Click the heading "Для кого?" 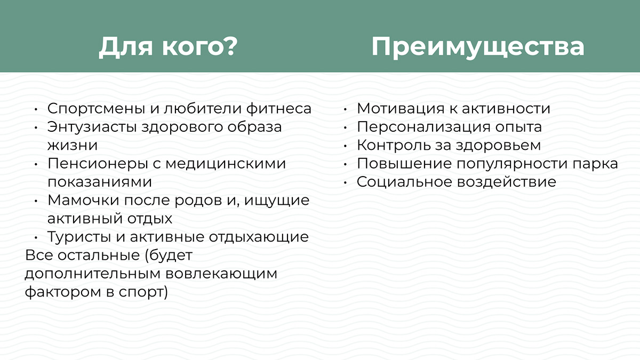click(167, 46)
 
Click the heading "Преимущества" click(477, 46)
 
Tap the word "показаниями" click(100, 181)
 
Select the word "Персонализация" click(421, 127)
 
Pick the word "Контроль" click(391, 145)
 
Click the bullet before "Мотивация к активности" click(345, 109)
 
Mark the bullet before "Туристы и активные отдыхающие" click(36, 238)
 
